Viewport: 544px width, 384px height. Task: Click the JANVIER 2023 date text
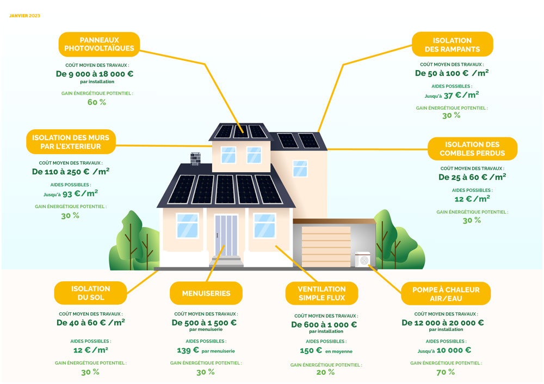(x=24, y=16)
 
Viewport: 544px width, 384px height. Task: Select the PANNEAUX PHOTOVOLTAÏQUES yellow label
(x=99, y=44)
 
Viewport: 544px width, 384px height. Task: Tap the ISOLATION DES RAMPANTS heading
(x=452, y=45)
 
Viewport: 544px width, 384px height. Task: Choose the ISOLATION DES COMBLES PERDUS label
(x=472, y=148)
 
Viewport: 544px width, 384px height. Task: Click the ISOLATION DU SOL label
(x=90, y=293)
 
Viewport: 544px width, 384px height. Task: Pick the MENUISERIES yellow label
(x=206, y=293)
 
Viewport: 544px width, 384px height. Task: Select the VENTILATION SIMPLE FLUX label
(x=322, y=293)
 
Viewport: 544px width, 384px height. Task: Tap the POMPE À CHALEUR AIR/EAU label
(x=446, y=293)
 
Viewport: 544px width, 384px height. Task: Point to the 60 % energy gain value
(x=97, y=102)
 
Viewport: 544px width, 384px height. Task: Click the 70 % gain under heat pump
(x=446, y=372)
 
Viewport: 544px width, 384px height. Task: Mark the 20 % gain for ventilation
(x=325, y=372)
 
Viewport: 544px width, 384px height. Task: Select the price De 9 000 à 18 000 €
(x=95, y=74)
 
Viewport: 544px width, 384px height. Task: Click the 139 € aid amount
(x=188, y=350)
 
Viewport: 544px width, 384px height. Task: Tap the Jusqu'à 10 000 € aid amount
(x=444, y=350)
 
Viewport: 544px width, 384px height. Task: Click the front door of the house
(x=226, y=235)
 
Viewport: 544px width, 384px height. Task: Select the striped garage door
(x=326, y=245)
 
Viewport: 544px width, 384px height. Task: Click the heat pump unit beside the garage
(x=363, y=260)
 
